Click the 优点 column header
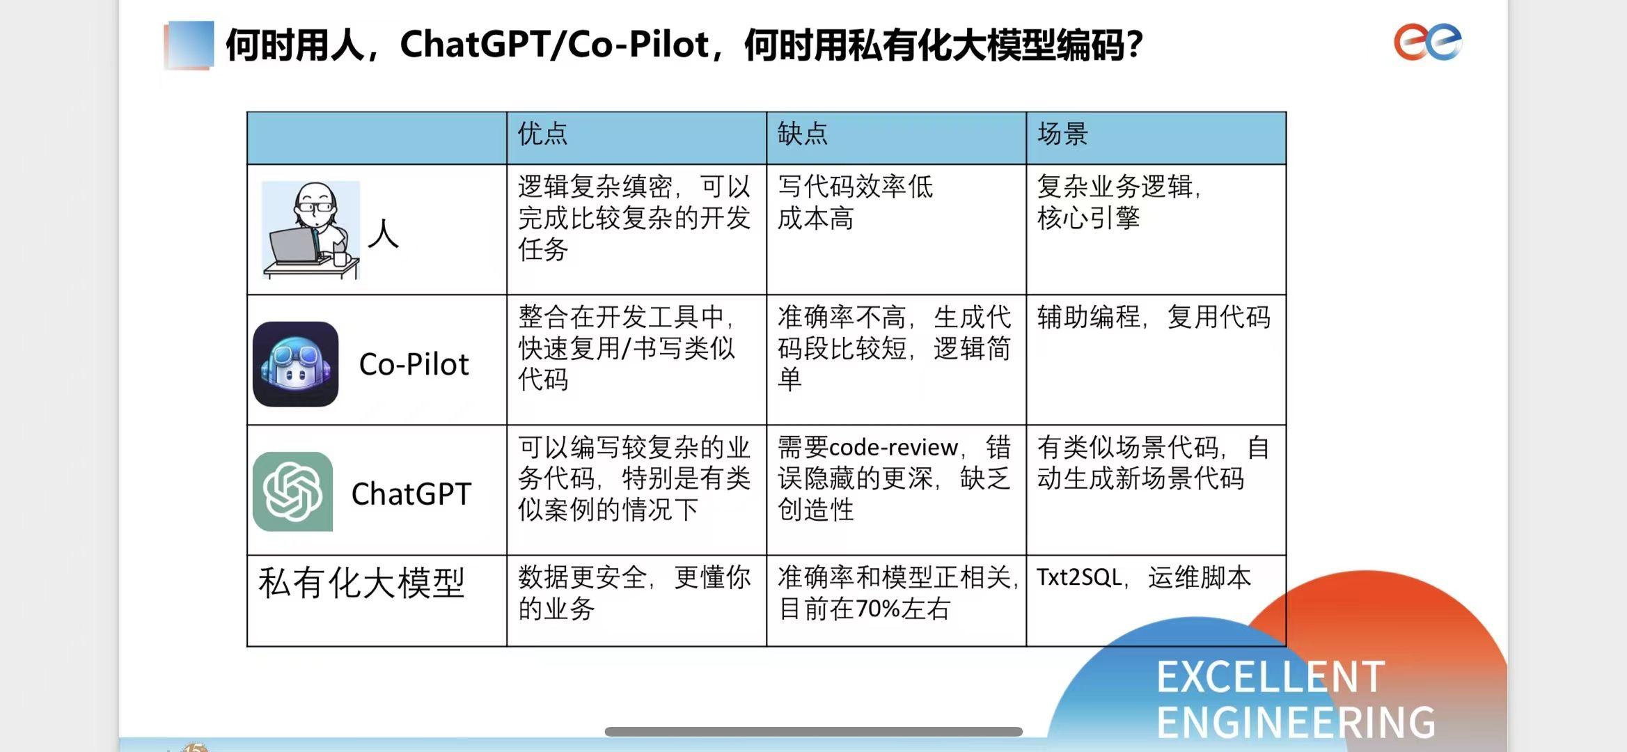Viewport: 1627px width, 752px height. coord(542,134)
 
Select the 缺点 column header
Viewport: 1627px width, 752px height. coord(802,134)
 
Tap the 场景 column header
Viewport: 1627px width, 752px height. coord(1062,134)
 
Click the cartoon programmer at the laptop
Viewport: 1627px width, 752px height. coord(311,230)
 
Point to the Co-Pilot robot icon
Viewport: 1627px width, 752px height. coord(296,363)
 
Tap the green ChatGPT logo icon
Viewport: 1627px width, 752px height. coord(292,492)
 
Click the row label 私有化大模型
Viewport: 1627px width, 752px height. coord(361,582)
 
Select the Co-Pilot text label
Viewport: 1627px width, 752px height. coord(414,364)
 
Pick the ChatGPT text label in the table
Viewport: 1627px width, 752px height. coord(411,494)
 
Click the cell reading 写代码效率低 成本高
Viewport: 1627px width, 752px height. coord(855,202)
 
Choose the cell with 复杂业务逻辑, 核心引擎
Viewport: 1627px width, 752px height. coord(1119,202)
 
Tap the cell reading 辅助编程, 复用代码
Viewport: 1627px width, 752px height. coord(1154,317)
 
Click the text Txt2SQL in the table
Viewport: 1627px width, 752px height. coord(1079,577)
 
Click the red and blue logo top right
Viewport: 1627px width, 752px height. coord(1427,42)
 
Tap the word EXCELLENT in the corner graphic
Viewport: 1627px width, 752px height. coord(1271,677)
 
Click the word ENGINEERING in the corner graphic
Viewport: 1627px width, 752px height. coord(1296,722)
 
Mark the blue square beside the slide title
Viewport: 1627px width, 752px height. coord(189,45)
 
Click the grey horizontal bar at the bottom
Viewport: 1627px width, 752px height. coord(813,732)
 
